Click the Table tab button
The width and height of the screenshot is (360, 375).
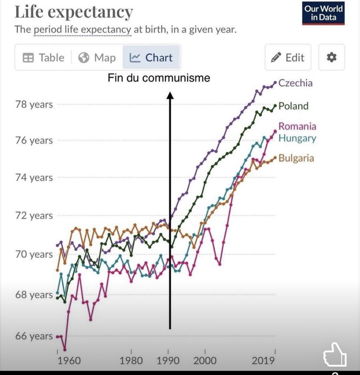click(43, 58)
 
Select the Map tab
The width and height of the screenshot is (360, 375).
click(97, 58)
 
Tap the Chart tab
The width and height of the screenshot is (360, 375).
click(151, 58)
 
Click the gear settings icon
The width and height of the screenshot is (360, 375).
click(331, 57)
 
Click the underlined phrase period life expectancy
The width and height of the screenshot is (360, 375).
click(82, 30)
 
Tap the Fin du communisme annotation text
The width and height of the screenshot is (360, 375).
click(159, 78)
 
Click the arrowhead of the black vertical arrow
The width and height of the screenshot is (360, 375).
click(170, 95)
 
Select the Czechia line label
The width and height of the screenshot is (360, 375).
click(295, 83)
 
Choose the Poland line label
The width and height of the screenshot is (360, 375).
click(293, 106)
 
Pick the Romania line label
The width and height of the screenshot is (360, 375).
click(297, 126)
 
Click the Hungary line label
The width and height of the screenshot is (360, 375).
click(297, 138)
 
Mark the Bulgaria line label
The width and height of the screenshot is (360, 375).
click(296, 158)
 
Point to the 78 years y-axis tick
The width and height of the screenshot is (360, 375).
click(34, 104)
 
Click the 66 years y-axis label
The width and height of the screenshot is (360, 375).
click(34, 336)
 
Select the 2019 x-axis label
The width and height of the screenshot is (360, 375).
click(263, 361)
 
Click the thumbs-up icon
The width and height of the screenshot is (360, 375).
click(334, 355)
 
